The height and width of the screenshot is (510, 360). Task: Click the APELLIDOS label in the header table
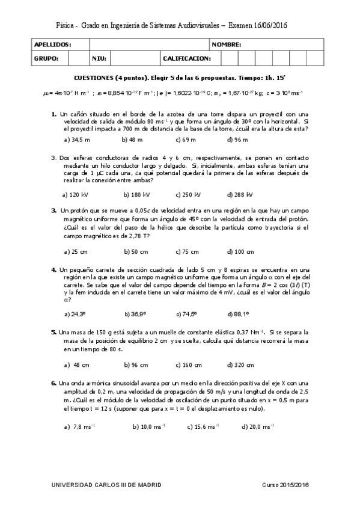tap(53, 45)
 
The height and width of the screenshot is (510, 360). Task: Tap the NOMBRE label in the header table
tap(227, 45)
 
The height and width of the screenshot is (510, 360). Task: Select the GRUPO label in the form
tap(46, 58)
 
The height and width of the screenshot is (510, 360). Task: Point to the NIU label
tap(99, 58)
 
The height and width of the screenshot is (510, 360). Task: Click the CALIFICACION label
tap(187, 58)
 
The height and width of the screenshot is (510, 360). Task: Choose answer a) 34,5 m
tap(76, 140)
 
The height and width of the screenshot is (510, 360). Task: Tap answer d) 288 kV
tap(240, 194)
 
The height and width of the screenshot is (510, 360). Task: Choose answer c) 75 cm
tap(187, 251)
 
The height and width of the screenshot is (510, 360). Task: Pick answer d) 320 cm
tap(240, 364)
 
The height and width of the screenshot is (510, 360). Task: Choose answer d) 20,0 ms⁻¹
tap(257, 426)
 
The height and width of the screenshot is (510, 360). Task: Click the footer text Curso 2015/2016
tap(285, 485)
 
